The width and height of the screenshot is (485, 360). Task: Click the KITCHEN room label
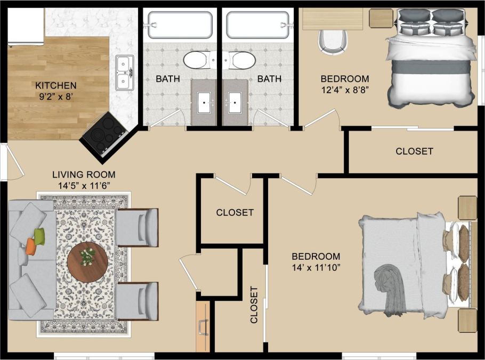[56, 85]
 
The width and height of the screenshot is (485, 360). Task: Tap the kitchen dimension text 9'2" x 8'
[56, 97]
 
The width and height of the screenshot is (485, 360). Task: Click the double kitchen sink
[125, 73]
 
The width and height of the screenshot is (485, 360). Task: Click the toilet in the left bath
[197, 60]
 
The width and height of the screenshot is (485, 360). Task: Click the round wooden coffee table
[87, 261]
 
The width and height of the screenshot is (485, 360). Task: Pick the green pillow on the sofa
[39, 234]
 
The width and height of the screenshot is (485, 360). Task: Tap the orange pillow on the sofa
[30, 246]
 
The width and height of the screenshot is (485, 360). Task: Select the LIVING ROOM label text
[84, 174]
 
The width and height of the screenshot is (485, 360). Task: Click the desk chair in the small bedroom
[333, 42]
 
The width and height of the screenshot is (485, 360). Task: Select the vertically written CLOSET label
[254, 305]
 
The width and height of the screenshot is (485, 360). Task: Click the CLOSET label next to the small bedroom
[414, 151]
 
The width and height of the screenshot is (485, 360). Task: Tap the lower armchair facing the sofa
[137, 301]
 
